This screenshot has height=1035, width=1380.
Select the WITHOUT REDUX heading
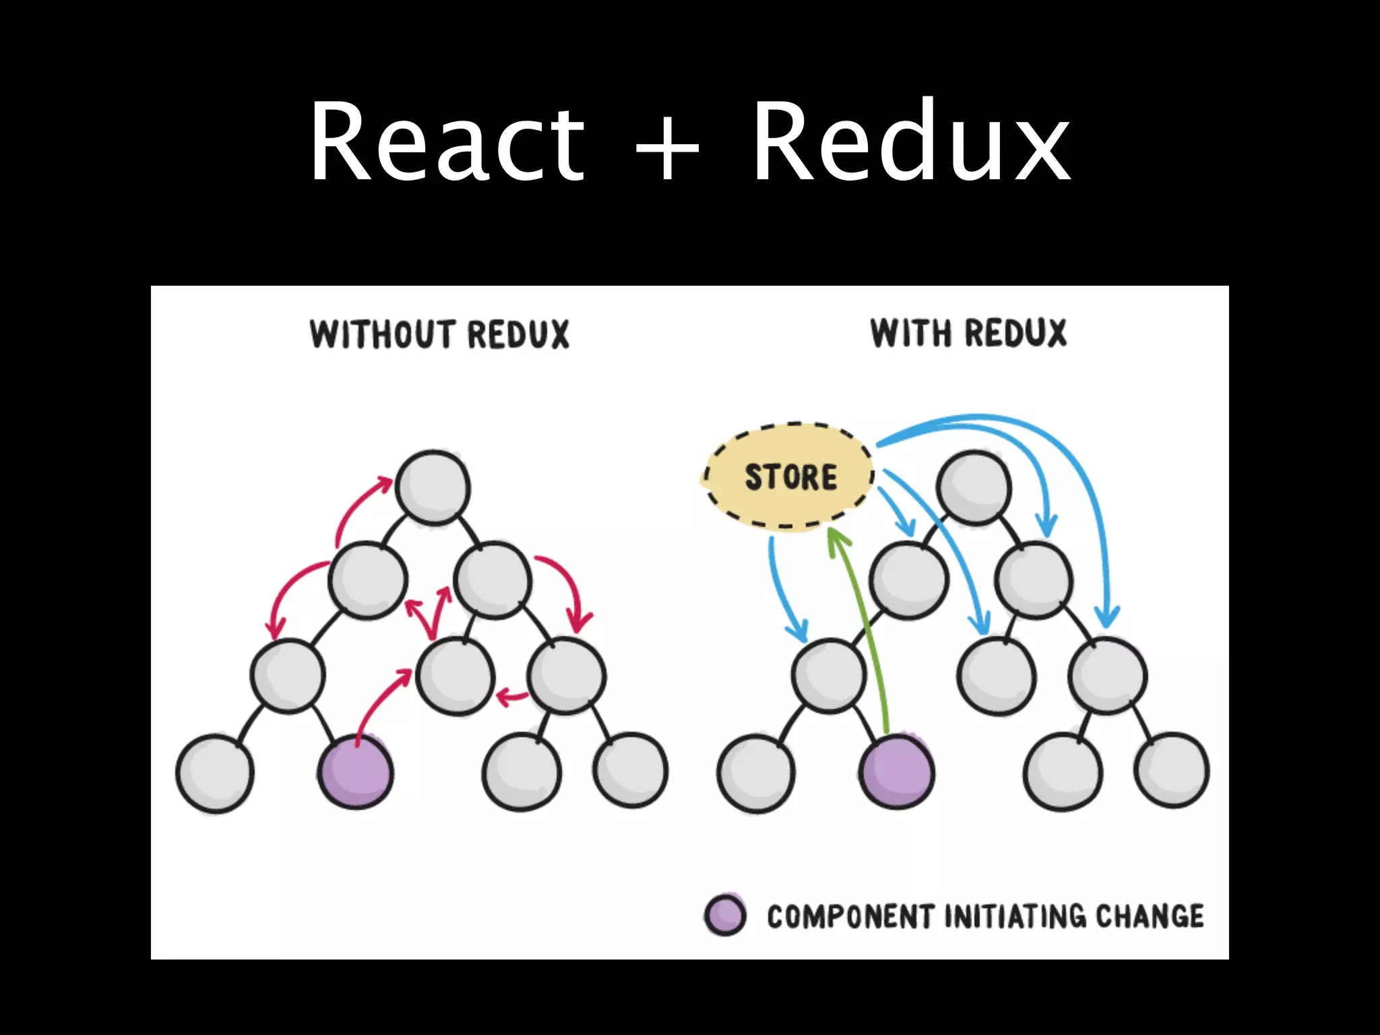tap(439, 334)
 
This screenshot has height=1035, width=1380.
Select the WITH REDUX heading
tap(968, 333)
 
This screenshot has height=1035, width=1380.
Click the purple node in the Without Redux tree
tap(356, 772)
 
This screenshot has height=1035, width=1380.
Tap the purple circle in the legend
tap(725, 916)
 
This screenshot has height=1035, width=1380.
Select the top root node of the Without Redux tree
tap(433, 487)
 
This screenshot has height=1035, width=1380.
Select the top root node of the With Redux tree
tap(974, 487)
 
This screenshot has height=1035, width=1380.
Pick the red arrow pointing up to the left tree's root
tap(353, 505)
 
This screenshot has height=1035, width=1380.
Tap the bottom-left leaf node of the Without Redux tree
tap(215, 774)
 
